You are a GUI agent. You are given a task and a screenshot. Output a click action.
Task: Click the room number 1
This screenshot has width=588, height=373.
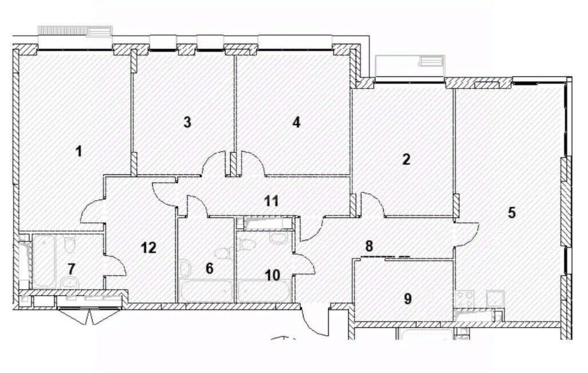(x=79, y=152)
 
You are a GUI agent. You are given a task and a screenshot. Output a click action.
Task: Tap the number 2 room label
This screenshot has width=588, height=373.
(x=406, y=159)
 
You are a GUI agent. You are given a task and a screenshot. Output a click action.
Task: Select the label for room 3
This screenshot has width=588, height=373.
(x=187, y=122)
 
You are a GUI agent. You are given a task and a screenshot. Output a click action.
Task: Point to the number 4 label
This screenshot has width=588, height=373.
(x=296, y=122)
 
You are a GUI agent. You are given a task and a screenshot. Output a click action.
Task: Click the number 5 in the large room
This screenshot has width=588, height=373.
(x=511, y=213)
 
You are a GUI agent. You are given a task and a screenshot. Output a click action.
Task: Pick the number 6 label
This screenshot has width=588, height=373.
(x=209, y=268)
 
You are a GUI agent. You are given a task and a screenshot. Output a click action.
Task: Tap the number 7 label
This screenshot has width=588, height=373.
(x=71, y=268)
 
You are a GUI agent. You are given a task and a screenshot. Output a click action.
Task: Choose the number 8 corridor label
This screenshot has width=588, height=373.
(x=370, y=246)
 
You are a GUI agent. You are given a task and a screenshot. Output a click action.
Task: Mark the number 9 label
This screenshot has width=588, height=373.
(x=407, y=299)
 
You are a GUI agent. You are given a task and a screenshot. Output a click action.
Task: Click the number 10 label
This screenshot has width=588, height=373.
(x=272, y=275)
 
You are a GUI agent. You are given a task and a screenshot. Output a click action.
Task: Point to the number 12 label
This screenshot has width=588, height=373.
(x=148, y=248)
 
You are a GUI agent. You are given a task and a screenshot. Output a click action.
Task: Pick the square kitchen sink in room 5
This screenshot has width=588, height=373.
(x=494, y=298)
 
